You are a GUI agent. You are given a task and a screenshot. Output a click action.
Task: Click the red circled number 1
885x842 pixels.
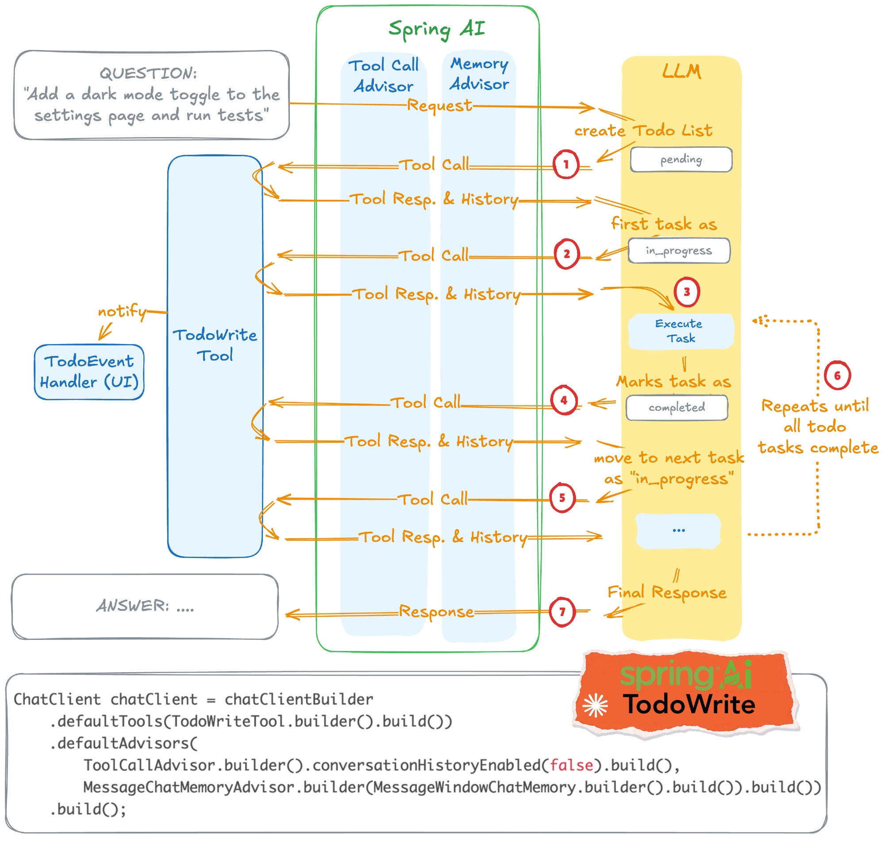[566, 164]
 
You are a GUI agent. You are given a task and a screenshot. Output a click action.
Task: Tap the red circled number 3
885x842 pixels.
[686, 292]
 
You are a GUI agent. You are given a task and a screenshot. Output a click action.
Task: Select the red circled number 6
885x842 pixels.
[837, 375]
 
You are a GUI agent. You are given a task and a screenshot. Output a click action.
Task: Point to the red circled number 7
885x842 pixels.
[562, 612]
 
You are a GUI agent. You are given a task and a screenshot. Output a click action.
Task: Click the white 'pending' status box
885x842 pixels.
[681, 159]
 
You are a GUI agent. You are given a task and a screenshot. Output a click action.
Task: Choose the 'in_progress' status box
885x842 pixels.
[679, 250]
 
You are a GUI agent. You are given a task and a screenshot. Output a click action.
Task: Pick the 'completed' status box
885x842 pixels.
[677, 408]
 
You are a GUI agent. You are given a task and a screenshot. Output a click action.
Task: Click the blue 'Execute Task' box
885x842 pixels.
[680, 331]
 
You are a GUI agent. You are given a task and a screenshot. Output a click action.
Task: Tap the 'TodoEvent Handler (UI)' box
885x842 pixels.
[89, 371]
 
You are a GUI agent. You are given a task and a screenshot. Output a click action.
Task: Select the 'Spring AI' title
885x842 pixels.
[436, 29]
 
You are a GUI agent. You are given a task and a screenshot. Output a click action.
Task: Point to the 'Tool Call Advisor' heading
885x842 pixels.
[384, 76]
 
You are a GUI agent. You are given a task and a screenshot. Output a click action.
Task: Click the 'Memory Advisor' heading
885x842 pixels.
[479, 74]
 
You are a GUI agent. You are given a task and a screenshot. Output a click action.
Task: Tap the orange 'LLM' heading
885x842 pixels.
[681, 71]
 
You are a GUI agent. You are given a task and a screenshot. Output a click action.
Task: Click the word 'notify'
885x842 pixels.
[122, 311]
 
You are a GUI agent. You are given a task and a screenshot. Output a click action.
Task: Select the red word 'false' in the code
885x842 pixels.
[571, 765]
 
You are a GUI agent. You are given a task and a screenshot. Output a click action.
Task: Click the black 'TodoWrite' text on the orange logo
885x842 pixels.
[689, 704]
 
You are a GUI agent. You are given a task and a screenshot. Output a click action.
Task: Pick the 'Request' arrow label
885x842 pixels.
[439, 106]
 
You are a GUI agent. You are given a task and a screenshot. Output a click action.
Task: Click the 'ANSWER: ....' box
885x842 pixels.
[145, 606]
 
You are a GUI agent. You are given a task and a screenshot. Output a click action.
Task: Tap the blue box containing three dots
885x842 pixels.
[678, 531]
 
